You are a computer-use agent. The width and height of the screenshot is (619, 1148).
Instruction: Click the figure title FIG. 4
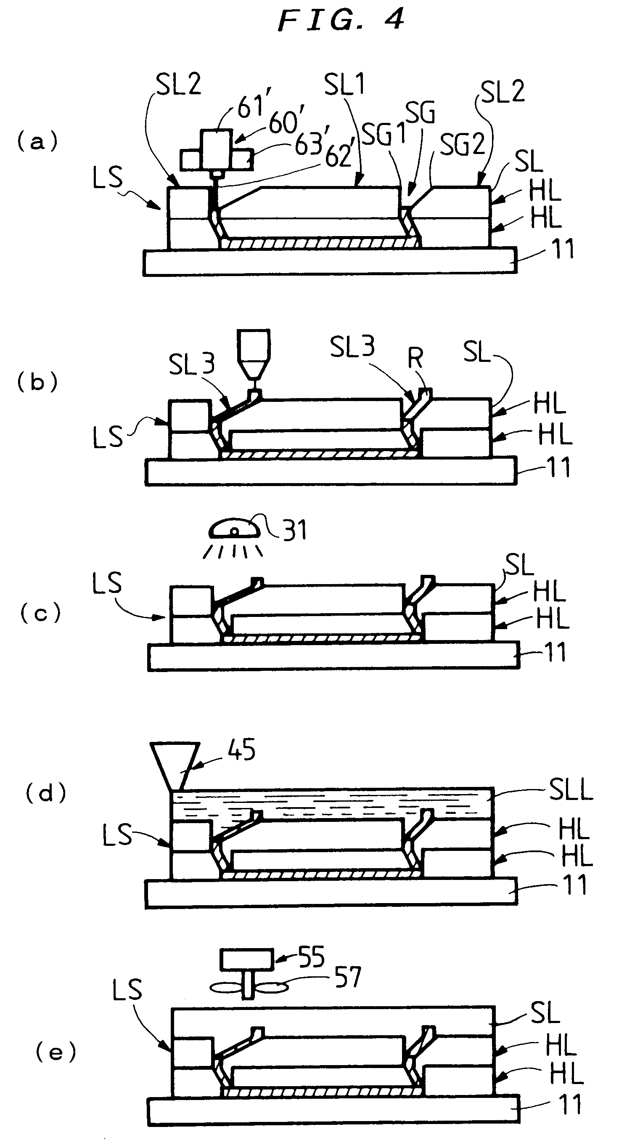[x=341, y=20]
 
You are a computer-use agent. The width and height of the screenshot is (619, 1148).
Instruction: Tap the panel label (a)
[x=37, y=142]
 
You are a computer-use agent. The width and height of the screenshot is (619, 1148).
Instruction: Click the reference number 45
[x=241, y=749]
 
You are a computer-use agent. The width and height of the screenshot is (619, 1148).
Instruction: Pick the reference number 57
[x=348, y=977]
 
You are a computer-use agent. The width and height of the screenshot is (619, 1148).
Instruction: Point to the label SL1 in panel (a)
[x=344, y=84]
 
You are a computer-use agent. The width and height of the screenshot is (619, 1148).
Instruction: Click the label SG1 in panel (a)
[x=383, y=133]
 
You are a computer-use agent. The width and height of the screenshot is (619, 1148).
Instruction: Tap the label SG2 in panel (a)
[x=462, y=144]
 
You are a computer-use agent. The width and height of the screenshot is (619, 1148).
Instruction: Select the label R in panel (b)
[x=415, y=357]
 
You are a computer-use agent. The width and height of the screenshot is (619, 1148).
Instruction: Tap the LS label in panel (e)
[x=127, y=990]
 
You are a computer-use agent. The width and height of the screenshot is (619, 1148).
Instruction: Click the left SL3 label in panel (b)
[x=191, y=364]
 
